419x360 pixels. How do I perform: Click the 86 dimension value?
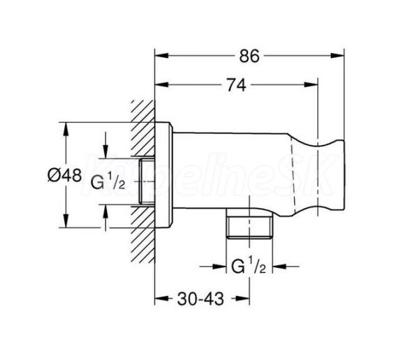point(249,56)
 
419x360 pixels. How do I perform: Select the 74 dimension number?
point(237,85)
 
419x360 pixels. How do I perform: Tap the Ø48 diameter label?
point(65,176)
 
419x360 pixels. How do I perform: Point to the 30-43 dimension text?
point(200,299)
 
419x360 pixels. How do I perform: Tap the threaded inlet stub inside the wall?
point(147,181)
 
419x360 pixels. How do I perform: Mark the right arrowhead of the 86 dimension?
point(337,56)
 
